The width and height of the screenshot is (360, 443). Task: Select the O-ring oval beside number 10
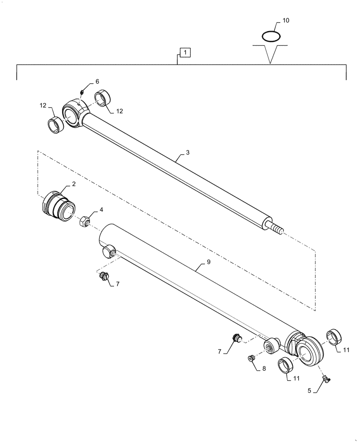click(270, 35)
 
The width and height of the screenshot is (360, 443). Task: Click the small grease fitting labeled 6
click(82, 92)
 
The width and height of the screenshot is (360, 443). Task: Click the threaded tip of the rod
click(276, 229)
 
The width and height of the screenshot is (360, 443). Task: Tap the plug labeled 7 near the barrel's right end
click(236, 339)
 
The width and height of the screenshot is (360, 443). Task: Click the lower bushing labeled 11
click(285, 366)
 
